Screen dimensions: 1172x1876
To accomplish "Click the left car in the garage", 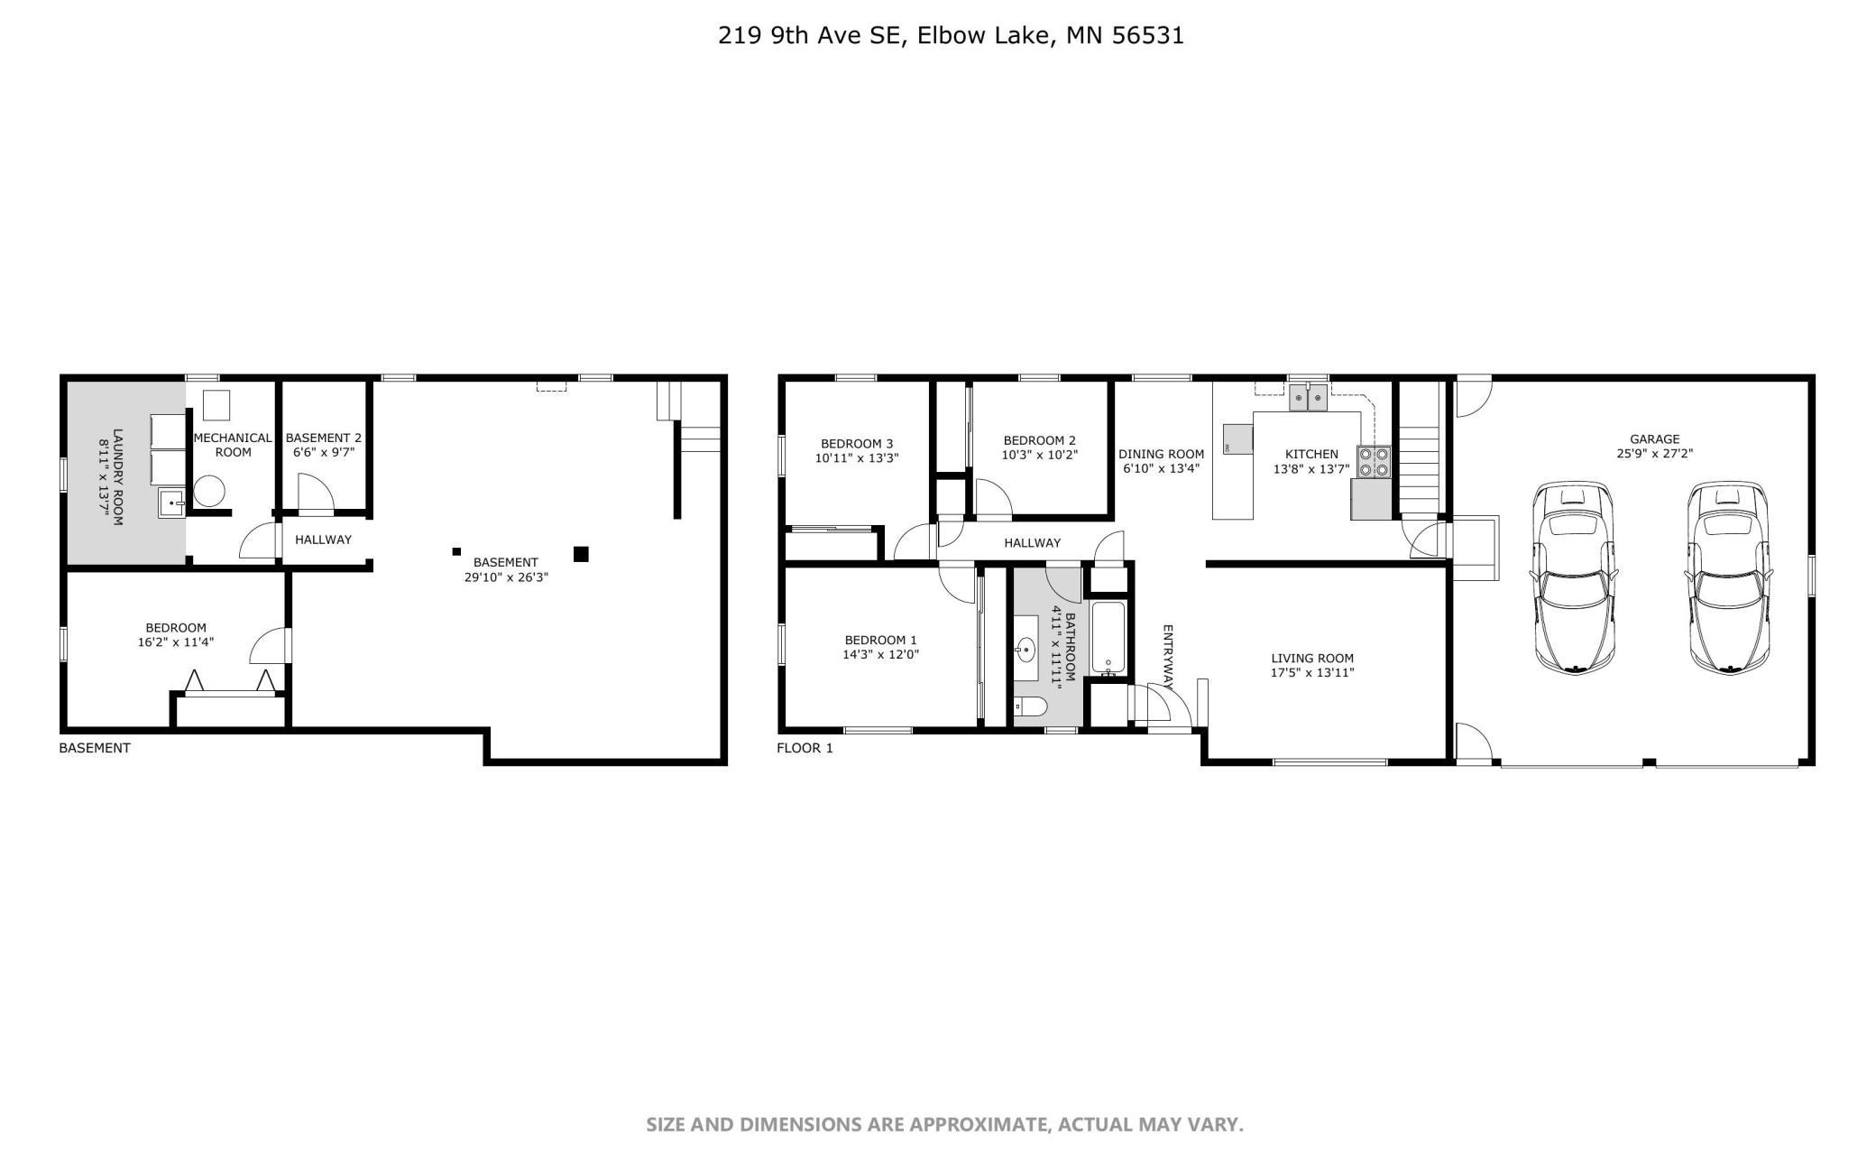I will coord(1574,577).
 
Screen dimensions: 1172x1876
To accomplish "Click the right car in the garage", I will coord(1728,577).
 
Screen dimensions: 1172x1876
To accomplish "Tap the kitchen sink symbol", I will coord(1308,397).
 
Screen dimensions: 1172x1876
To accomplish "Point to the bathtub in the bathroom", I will coord(1108,637).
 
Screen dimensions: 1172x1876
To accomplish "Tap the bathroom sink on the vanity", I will coord(1026,648).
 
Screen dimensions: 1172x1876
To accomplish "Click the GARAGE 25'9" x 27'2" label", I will coord(1654,447).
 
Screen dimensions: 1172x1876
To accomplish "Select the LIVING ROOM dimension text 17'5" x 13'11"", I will coord(1312,672).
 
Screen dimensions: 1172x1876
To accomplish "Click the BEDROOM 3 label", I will coord(856,443).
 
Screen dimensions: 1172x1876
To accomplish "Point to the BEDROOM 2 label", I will coord(1039,440).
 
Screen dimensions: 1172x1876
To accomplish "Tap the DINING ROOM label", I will coord(1161,454).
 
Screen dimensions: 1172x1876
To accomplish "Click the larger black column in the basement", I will coord(581,554).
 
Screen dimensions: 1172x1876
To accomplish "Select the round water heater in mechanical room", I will coord(208,492).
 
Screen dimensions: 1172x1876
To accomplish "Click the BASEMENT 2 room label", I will coord(323,438).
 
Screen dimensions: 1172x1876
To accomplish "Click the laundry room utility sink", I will coord(171,503).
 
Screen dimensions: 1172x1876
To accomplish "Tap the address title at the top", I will coord(951,35).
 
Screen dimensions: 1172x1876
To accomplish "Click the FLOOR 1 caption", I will coord(805,748).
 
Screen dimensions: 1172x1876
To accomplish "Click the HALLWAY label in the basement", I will coord(323,540).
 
